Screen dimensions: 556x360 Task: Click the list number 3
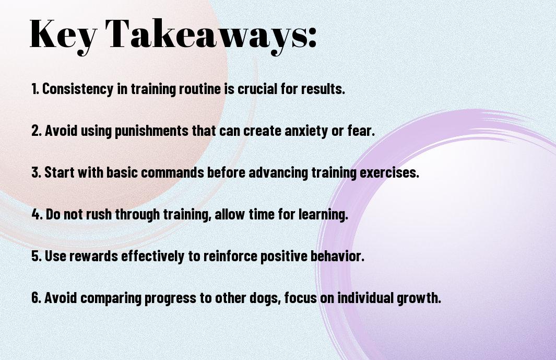[36, 172]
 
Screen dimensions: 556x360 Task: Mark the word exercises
[389, 172]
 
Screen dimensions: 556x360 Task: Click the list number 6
[36, 297]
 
